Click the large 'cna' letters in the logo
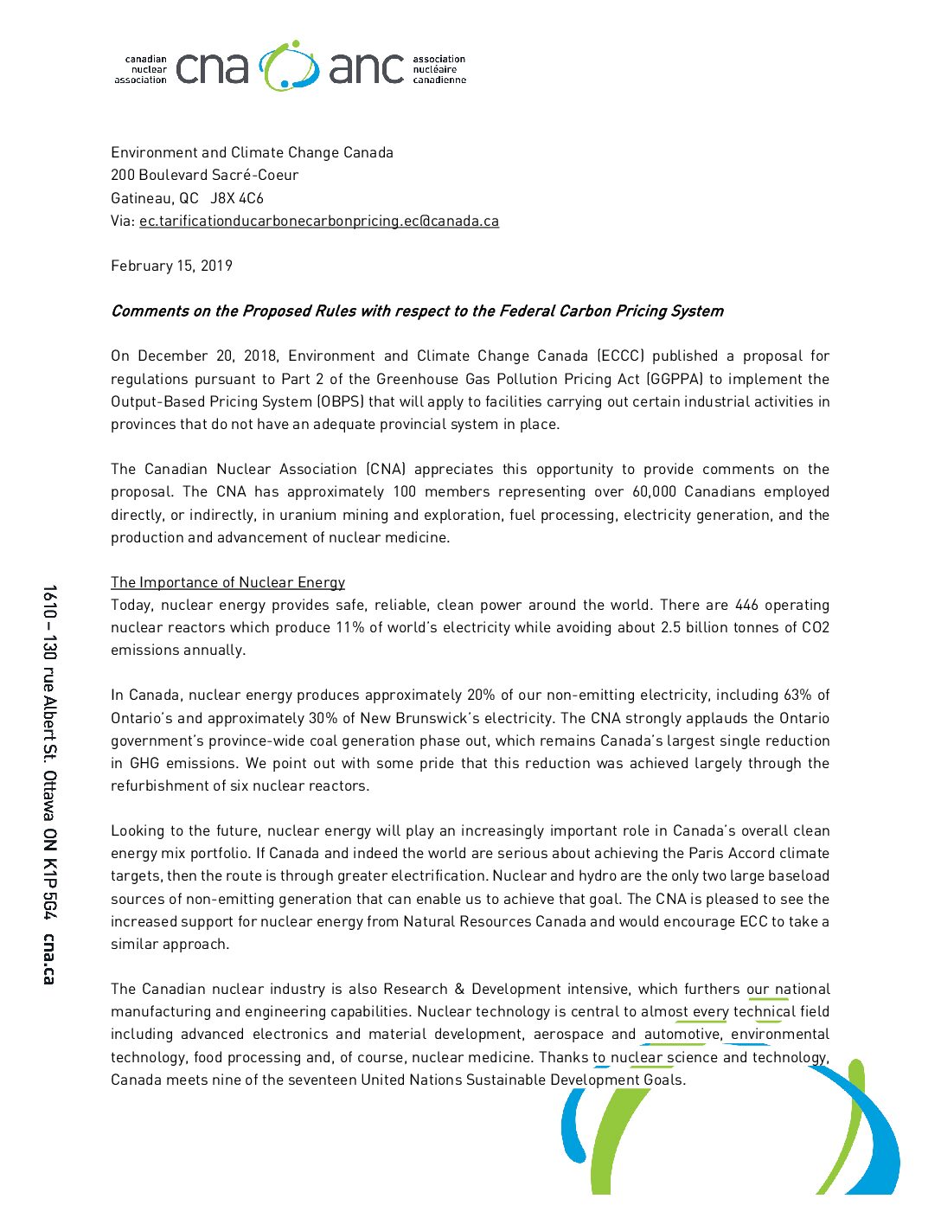pyautogui.click(x=212, y=68)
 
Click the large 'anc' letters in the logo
pyautogui.click(x=367, y=68)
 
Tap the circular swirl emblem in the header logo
pyautogui.click(x=289, y=66)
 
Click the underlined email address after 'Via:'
pyautogui.click(x=318, y=221)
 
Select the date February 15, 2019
pyautogui.click(x=171, y=266)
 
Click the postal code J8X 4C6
pyautogui.click(x=237, y=198)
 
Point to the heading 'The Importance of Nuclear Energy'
pyautogui.click(x=227, y=582)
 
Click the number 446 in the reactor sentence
pyautogui.click(x=746, y=605)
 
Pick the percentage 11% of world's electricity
pyautogui.click(x=349, y=627)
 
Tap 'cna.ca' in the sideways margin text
pyautogui.click(x=48, y=958)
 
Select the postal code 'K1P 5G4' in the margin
pyautogui.click(x=48, y=890)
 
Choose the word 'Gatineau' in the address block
pyautogui.click(x=140, y=198)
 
